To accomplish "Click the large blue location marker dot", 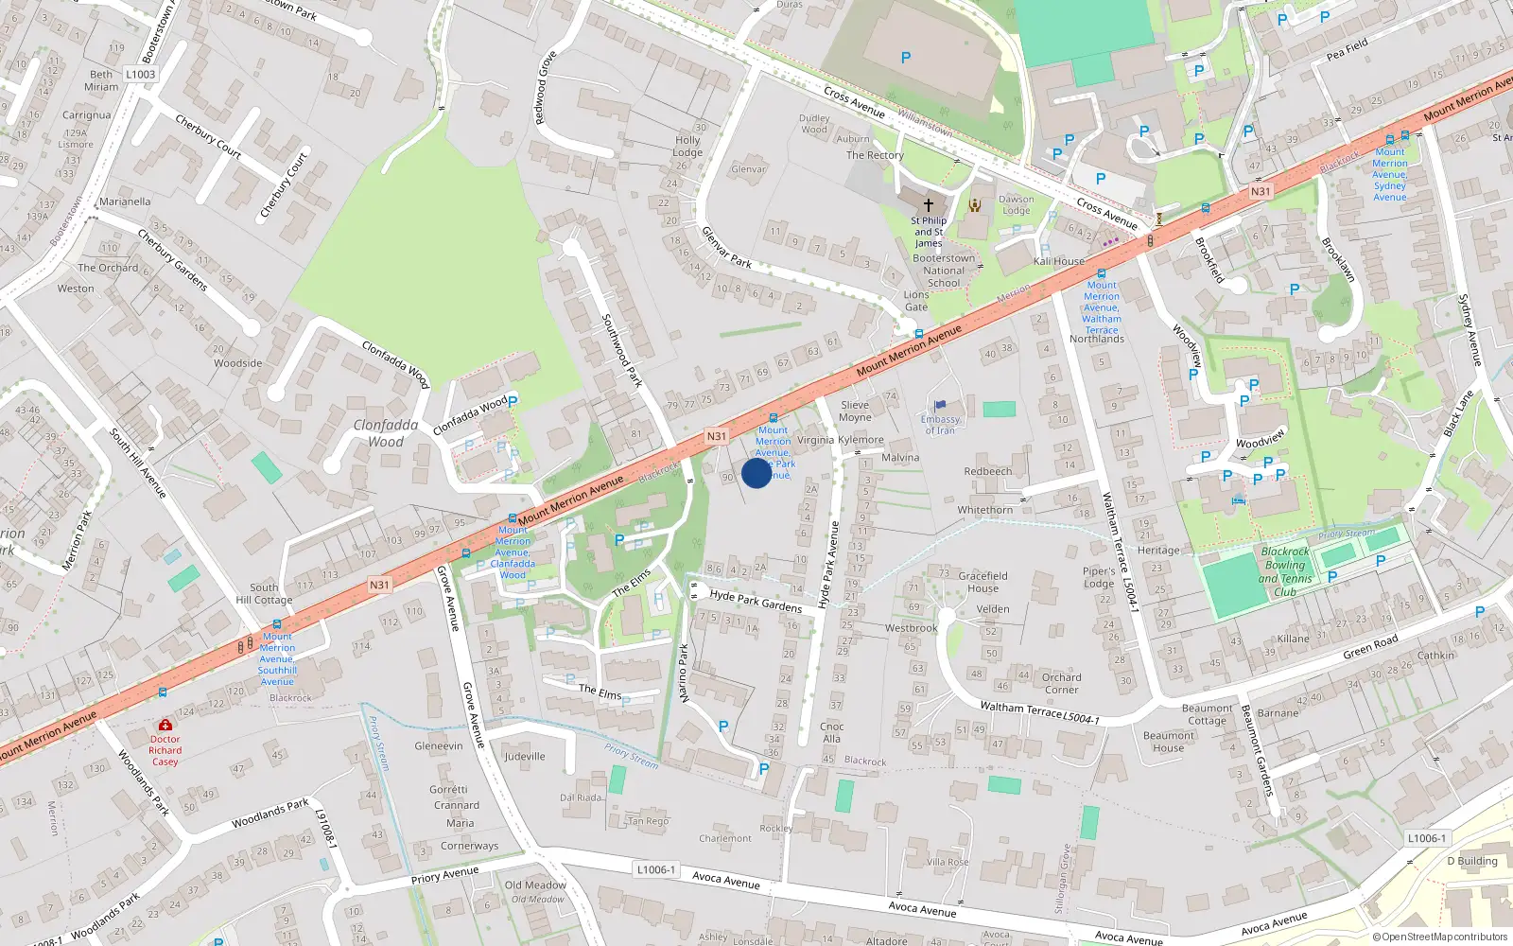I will (756, 473).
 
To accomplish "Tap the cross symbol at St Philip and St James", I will (929, 204).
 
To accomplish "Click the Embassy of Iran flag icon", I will (940, 406).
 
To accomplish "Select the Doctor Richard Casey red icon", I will (165, 725).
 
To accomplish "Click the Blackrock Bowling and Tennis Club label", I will (1285, 571).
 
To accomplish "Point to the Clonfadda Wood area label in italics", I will (386, 433).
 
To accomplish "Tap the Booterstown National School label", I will (944, 271).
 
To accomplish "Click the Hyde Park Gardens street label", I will (756, 600).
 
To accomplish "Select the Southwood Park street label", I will (622, 350).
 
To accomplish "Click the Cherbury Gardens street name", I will (172, 259).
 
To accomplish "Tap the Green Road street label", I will (1370, 647).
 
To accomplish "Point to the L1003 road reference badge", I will (140, 74).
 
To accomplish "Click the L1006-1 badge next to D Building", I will (1426, 838).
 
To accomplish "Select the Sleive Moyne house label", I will (855, 411).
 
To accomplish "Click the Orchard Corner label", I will (1061, 683).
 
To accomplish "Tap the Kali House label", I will (1059, 261).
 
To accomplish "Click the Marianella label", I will (125, 201).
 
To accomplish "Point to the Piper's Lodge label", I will (1099, 577).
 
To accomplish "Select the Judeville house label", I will (525, 756).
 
